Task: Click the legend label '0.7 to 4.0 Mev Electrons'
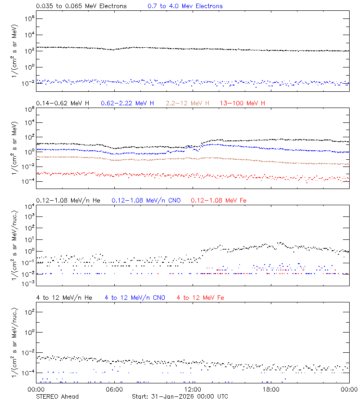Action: click(x=185, y=6)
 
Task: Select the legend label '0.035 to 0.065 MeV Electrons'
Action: click(x=81, y=6)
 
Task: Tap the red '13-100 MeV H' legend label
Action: click(x=243, y=103)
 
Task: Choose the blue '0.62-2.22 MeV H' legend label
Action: click(x=127, y=103)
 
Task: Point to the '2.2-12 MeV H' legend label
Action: click(x=188, y=103)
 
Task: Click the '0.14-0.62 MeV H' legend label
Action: click(x=63, y=103)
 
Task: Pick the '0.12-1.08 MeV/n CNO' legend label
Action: click(x=146, y=200)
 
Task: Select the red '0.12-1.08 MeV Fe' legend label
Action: click(x=219, y=200)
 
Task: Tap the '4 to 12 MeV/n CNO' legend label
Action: click(x=135, y=297)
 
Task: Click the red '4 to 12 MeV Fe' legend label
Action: click(x=201, y=297)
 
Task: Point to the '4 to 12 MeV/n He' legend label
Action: click(x=64, y=297)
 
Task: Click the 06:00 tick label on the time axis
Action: click(x=114, y=390)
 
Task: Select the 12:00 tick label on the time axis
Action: click(x=193, y=390)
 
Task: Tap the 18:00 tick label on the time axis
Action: click(x=271, y=390)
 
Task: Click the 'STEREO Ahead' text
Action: click(x=57, y=396)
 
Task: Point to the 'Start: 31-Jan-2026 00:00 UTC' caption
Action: click(x=180, y=396)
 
